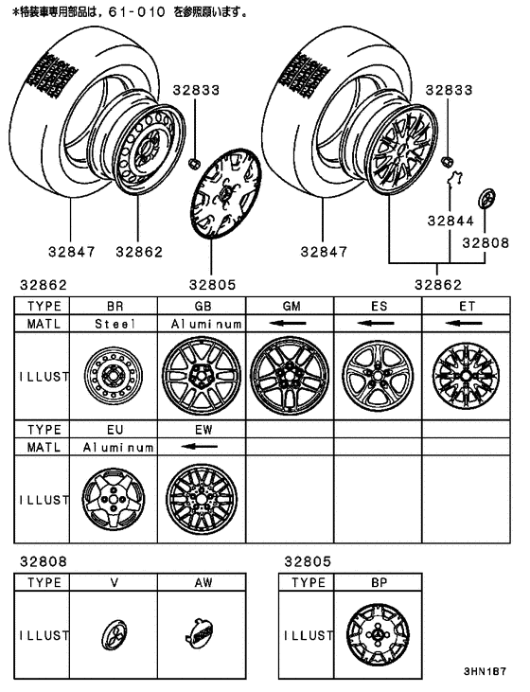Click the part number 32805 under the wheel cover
click(213, 283)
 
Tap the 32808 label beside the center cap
click(486, 241)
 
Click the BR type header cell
click(115, 306)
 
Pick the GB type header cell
click(203, 306)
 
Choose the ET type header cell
click(465, 306)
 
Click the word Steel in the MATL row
click(115, 323)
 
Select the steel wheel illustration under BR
click(114, 377)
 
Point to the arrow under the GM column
click(289, 324)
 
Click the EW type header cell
click(203, 428)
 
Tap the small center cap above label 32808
click(486, 200)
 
